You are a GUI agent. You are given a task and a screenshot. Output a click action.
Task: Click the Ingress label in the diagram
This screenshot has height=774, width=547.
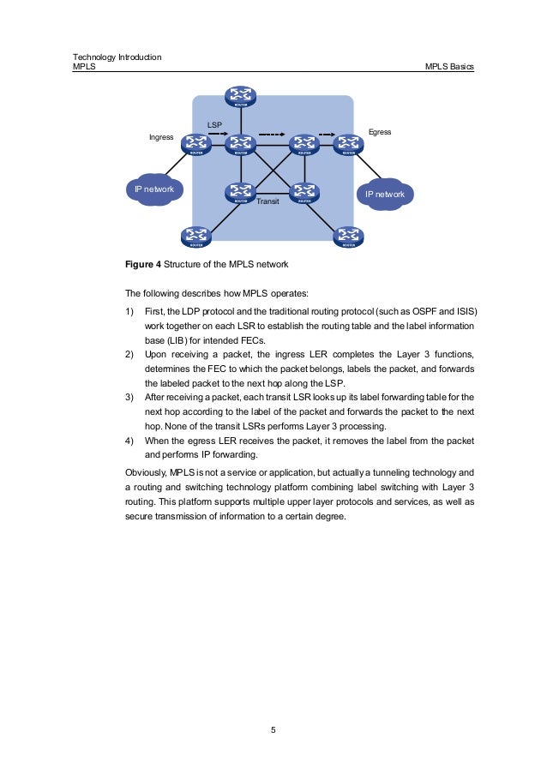(161, 137)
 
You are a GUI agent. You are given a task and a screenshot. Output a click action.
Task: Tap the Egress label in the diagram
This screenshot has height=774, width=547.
(379, 132)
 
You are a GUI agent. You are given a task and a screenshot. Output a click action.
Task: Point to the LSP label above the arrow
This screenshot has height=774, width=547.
(214, 125)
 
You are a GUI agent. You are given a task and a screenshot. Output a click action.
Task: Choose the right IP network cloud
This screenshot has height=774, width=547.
(385, 195)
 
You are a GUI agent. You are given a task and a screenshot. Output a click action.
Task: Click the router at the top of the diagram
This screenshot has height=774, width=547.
(242, 96)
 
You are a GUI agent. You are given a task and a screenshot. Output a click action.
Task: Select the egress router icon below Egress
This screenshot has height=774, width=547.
(347, 144)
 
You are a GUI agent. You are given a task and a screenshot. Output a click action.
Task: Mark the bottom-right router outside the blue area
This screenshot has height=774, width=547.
(347, 236)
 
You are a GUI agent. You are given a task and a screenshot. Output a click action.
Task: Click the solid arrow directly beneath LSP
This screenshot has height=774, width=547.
(218, 134)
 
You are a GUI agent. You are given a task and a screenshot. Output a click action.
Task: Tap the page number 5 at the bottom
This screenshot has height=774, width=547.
(273, 730)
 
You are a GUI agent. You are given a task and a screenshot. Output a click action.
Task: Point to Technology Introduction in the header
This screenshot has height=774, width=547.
(118, 57)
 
